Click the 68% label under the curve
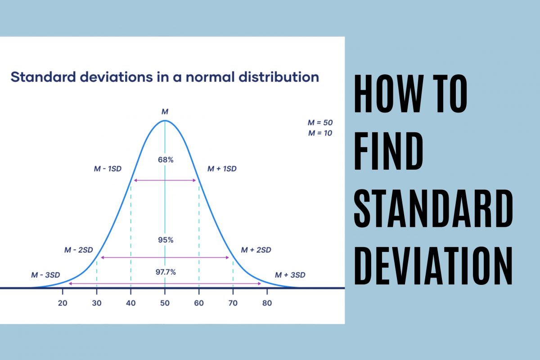[165, 159]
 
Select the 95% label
[165, 240]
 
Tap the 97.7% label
[166, 272]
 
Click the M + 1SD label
[222, 169]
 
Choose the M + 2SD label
[256, 250]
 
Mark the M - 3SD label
[45, 274]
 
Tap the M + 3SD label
[290, 274]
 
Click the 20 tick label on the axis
[63, 303]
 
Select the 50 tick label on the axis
[165, 303]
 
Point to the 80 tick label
[267, 303]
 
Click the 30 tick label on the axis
[97, 303]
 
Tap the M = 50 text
[320, 122]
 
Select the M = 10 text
[320, 133]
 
